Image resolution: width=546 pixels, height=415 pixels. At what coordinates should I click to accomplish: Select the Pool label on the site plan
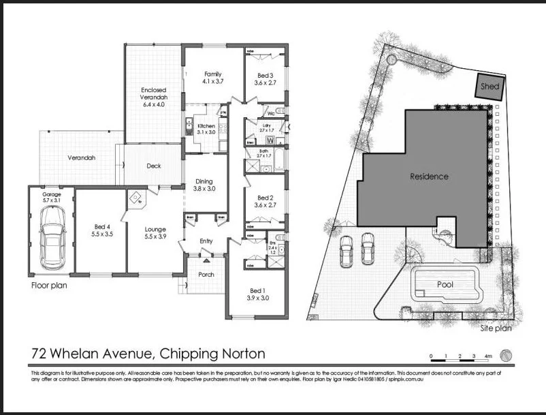(x=445, y=284)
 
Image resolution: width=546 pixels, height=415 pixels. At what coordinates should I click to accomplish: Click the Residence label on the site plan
(x=429, y=176)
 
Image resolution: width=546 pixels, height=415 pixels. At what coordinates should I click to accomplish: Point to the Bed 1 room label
(x=258, y=293)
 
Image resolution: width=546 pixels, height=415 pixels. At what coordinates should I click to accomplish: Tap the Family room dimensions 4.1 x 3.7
(x=213, y=82)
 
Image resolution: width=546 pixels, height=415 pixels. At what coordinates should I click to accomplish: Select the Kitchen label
(x=206, y=126)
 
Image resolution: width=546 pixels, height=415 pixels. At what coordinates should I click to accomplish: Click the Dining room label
(x=204, y=181)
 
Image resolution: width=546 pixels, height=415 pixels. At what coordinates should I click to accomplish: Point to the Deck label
(x=154, y=166)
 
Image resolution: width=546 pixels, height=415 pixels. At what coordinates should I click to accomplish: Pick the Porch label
(x=206, y=274)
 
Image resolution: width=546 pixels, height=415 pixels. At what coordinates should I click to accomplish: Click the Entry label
(x=206, y=241)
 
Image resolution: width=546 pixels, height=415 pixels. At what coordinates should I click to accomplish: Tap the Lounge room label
(x=155, y=229)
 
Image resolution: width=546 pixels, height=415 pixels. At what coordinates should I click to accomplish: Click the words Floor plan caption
(x=49, y=286)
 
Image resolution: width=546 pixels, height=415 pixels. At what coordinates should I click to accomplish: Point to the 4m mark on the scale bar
(x=487, y=356)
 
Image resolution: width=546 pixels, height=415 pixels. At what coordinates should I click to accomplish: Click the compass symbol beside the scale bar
(x=506, y=355)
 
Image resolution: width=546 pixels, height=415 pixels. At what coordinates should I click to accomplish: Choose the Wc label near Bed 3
(x=270, y=113)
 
